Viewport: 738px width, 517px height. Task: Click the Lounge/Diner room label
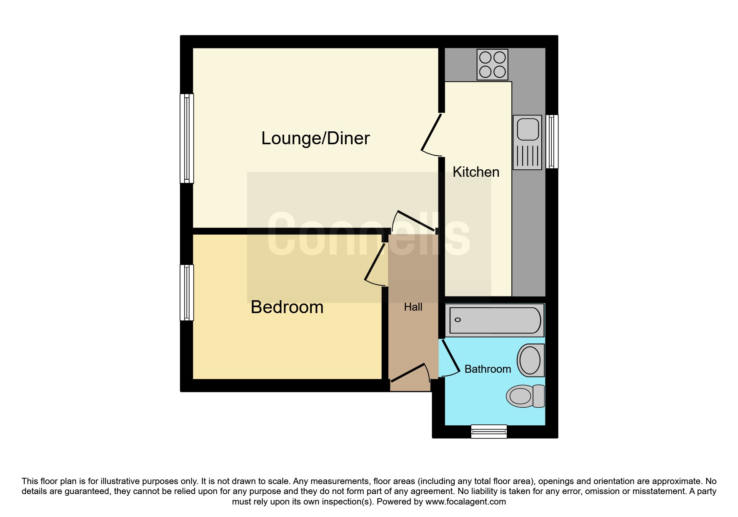tap(315, 138)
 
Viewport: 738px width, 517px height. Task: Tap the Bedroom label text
tap(287, 307)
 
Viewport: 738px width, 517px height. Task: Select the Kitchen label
tap(476, 172)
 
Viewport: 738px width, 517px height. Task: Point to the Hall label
tap(413, 307)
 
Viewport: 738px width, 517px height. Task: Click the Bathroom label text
tap(488, 369)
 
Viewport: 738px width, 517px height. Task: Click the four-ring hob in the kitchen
tap(493, 65)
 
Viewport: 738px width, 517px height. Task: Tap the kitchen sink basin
tap(528, 129)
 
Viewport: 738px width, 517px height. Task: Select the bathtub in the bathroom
tap(495, 320)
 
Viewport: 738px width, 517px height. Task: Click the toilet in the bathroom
tap(525, 396)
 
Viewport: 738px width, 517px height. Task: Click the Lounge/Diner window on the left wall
tap(187, 138)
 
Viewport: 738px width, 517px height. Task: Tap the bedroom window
tap(187, 293)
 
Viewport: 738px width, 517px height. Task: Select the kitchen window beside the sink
tap(552, 142)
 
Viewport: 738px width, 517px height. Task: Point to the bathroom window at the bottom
tap(489, 432)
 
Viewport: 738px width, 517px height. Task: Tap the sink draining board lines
tap(528, 156)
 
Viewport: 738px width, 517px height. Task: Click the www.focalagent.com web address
tap(465, 502)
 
